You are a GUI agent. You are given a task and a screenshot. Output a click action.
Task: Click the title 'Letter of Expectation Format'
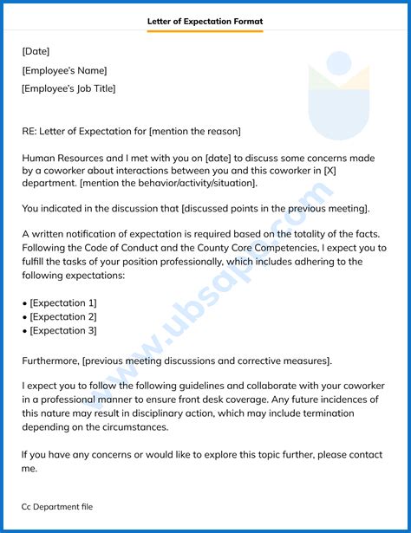(205, 21)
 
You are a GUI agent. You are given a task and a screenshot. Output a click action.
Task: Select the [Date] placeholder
(36, 51)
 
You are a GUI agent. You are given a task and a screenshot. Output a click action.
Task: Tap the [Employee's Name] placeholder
(65, 70)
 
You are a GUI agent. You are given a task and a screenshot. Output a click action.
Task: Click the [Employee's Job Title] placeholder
(68, 88)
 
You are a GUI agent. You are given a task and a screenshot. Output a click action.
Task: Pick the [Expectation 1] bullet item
(62, 302)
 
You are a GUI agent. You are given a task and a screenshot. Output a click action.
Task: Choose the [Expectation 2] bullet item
(62, 316)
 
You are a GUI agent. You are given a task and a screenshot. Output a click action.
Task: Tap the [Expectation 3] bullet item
(62, 330)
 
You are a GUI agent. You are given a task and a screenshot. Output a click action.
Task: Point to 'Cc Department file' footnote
(57, 506)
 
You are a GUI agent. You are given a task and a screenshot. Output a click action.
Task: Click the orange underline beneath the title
(205, 32)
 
